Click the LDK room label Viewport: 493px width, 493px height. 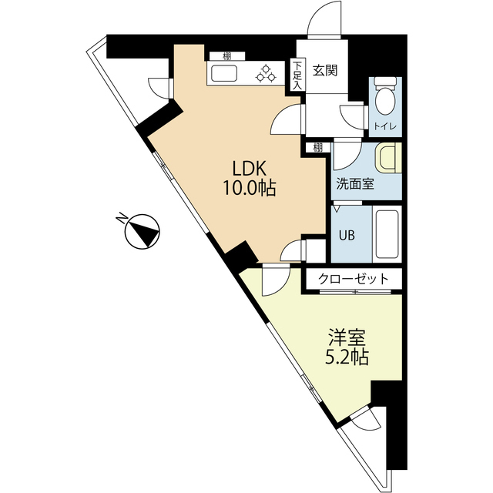coord(250,168)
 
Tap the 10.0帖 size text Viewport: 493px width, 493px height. coord(250,188)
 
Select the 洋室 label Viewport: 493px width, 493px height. coord(347,337)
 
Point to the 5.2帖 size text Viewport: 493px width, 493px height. coord(347,357)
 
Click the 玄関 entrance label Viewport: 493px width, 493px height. coord(325,70)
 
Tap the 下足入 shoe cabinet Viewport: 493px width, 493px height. coord(297,75)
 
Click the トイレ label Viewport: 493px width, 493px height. coord(385,126)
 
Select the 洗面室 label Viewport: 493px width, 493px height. coord(355,184)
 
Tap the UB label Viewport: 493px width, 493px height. coord(347,235)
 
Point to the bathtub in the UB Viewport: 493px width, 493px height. coord(387,234)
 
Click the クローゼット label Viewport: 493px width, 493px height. coord(354,279)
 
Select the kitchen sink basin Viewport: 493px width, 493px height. coord(224,74)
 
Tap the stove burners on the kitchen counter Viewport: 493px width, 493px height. coord(266,74)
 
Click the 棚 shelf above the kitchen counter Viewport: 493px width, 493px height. coord(227,56)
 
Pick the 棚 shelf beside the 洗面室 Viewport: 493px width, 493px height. coord(318,147)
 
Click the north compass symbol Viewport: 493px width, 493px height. coord(142,232)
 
